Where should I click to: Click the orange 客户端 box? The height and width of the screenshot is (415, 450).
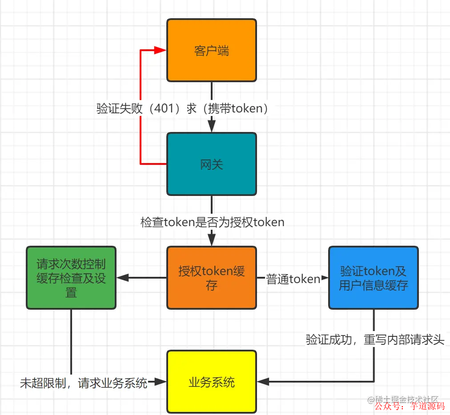[x=212, y=50]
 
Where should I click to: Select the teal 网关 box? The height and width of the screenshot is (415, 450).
[x=212, y=164]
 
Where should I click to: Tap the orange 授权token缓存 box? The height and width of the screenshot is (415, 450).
[x=212, y=278]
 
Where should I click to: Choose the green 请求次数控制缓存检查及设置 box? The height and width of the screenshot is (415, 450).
[x=71, y=278]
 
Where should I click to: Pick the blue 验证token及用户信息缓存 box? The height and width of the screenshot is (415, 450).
[x=374, y=278]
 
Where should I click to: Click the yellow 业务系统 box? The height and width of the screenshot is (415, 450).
[x=212, y=382]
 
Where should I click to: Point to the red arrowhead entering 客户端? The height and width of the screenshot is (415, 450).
[x=161, y=51]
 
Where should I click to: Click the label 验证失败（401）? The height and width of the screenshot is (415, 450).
[x=138, y=109]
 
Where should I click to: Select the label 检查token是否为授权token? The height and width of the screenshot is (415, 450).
[x=212, y=222]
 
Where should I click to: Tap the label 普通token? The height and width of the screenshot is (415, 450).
[x=293, y=279]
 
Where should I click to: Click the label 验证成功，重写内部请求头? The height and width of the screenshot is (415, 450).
[x=375, y=340]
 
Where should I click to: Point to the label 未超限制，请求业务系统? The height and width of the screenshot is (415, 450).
[x=84, y=383]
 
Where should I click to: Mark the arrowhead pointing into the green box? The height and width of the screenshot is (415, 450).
[x=122, y=278]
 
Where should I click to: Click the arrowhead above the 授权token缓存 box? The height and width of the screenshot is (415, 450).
[x=212, y=240]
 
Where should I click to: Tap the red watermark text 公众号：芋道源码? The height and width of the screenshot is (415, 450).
[x=410, y=406]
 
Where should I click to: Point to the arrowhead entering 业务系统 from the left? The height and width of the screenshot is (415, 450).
[x=161, y=381]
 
